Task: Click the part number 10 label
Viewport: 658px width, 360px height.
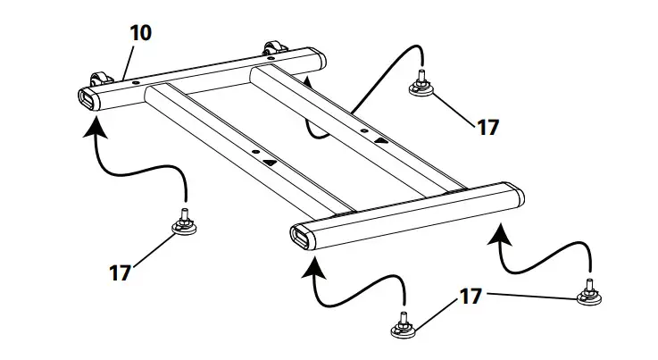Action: [140, 33]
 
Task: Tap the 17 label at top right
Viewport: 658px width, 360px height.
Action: [487, 127]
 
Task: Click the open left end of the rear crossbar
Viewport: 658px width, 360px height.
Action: [90, 97]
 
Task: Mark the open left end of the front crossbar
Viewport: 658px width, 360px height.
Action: [298, 238]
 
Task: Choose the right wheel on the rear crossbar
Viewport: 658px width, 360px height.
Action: [271, 48]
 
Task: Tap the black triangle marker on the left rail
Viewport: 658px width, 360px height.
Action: [271, 162]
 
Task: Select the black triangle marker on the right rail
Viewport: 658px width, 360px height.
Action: [381, 140]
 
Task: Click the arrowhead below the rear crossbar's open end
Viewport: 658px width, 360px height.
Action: [91, 130]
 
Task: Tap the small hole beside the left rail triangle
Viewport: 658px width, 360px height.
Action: [255, 154]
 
